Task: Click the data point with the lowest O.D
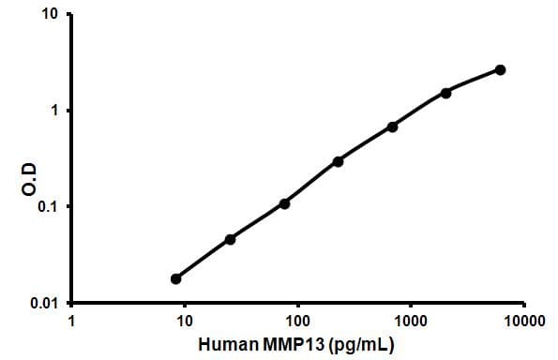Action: point(175,278)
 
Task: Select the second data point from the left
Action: point(230,239)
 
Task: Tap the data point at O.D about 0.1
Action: point(284,203)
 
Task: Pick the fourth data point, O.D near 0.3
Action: point(338,161)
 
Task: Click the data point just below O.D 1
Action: point(392,127)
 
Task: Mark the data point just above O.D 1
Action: point(445,93)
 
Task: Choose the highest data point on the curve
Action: point(500,69)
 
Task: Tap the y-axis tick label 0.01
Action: point(46,304)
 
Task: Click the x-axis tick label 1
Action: point(72,322)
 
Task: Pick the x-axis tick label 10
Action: point(185,322)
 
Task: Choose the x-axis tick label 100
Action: point(298,322)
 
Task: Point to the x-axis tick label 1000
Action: point(411,322)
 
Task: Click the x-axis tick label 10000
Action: point(523,322)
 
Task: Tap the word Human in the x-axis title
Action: point(225,344)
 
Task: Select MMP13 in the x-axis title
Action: point(288,344)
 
